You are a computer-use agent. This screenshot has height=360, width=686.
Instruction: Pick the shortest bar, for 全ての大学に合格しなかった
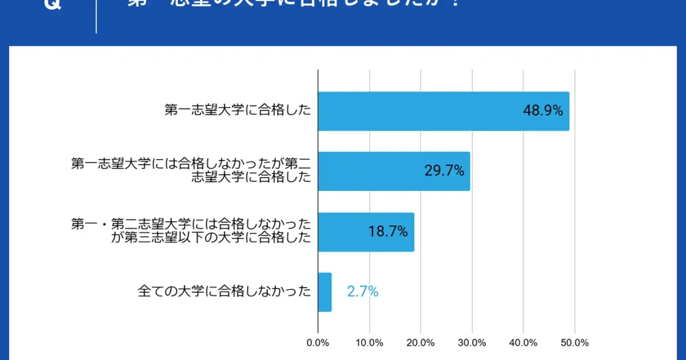coord(325,292)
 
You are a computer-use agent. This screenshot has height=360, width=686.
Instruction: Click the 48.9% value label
coord(543,111)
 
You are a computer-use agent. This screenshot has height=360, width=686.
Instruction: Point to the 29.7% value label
coord(444,170)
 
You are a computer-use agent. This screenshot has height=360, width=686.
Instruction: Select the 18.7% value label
coord(388,231)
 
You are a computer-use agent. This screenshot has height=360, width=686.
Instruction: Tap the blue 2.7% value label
coord(362,291)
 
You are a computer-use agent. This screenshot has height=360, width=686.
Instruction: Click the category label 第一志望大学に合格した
coord(237,111)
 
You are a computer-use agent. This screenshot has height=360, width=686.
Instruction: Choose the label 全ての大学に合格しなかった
coord(224,291)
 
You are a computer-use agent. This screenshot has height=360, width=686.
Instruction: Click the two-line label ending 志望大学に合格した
coord(191,170)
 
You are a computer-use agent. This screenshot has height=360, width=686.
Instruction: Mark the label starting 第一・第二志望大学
coord(191,230)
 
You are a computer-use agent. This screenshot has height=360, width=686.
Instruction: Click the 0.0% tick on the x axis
coord(318,343)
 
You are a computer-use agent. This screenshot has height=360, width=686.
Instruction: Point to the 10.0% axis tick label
coord(369,343)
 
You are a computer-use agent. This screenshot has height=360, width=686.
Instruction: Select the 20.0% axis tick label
coord(421,343)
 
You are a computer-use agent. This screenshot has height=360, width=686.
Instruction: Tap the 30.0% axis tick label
coord(472,343)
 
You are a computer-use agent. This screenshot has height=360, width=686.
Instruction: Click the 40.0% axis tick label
coord(523,343)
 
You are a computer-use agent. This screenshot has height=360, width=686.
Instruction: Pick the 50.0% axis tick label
coord(575,343)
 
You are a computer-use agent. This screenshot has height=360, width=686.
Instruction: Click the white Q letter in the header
coord(52,5)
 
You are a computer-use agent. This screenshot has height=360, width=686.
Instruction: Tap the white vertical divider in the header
coord(96,16)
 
